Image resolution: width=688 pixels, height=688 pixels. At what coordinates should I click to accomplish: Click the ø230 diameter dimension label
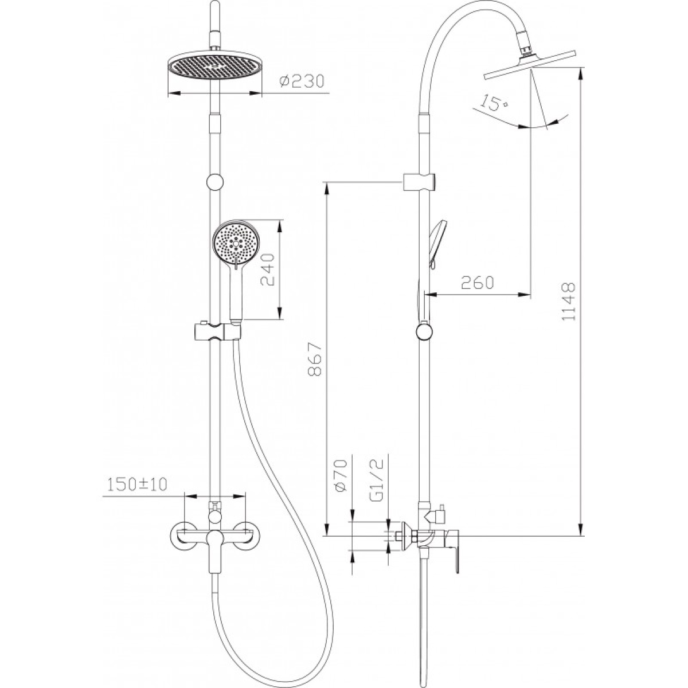302,82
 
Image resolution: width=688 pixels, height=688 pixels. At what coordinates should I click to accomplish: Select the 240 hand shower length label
267,269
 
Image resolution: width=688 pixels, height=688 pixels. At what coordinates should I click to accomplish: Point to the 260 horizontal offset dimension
478,283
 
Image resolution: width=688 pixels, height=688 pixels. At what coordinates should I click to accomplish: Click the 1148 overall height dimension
568,302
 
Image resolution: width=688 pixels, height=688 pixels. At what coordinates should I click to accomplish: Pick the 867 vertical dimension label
315,359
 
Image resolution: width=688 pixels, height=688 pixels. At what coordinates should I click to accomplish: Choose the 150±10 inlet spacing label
137,484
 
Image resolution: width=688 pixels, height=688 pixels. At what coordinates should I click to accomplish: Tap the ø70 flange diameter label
341,476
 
